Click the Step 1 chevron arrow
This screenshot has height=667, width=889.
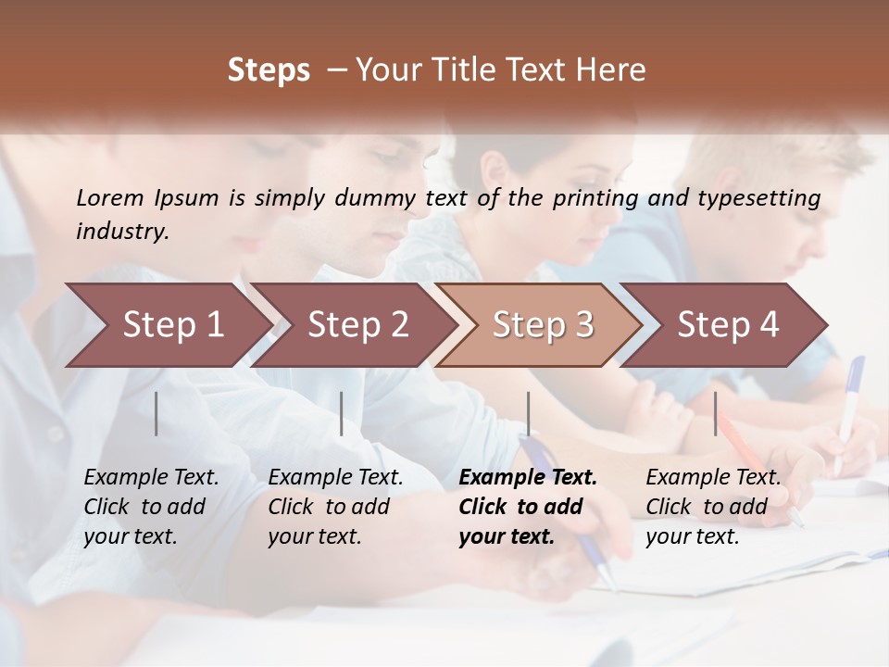point(172,325)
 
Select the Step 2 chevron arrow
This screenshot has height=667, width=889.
point(357,325)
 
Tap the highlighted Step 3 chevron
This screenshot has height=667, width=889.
point(543,325)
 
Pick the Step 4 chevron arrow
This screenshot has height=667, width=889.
point(728,325)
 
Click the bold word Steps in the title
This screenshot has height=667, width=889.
point(269,70)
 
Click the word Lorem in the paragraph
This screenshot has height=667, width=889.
point(110,197)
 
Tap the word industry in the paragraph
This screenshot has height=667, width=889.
point(122,231)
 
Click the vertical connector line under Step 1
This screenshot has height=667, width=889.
point(157,413)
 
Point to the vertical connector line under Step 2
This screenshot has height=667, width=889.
point(342,413)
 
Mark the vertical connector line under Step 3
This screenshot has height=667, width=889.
point(528,413)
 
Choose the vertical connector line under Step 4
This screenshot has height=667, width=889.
point(715,413)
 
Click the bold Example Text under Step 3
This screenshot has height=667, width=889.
point(528,477)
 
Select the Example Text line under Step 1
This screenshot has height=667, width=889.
point(152,477)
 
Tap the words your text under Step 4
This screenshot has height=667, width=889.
point(692,536)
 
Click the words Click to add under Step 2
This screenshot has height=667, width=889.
point(329,507)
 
